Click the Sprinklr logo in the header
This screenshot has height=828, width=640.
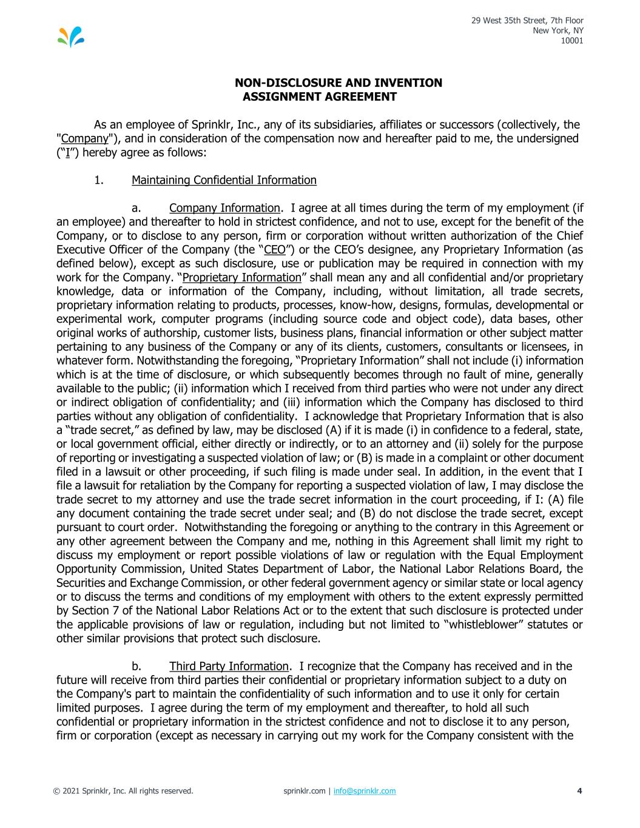[71, 37]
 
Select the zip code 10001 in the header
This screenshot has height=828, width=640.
[572, 41]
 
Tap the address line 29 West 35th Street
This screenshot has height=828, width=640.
[527, 21]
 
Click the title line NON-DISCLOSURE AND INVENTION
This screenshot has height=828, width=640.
[339, 83]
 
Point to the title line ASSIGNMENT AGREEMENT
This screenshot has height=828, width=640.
[319, 97]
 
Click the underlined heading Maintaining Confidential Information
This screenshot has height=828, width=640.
[224, 180]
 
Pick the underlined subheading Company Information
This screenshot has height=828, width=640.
[224, 208]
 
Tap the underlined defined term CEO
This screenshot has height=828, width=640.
[275, 250]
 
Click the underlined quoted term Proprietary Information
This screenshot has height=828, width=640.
[242, 278]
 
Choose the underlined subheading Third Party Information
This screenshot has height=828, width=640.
[229, 667]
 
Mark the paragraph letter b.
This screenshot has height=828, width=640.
[136, 667]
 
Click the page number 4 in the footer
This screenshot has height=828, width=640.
[580, 791]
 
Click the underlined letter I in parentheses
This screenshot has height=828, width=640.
[69, 153]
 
